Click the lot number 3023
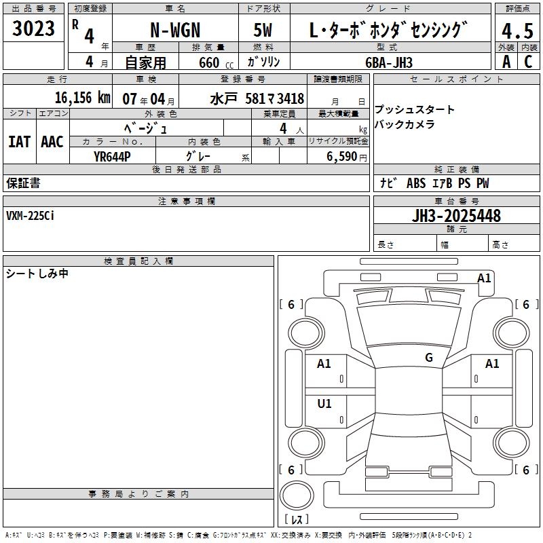[33, 29]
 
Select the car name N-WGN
[175, 30]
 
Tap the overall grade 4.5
[517, 31]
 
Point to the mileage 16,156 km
[82, 98]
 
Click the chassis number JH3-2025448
[456, 216]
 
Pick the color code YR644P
[112, 157]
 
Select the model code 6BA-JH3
[389, 62]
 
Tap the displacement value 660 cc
[216, 63]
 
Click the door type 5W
[263, 30]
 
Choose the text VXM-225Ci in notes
[30, 216]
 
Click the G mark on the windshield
[429, 358]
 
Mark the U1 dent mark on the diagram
[324, 403]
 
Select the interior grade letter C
[528, 62]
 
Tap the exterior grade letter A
[506, 62]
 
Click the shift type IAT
[20, 142]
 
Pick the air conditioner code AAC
[52, 142]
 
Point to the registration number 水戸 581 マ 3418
[257, 99]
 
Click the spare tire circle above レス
[297, 495]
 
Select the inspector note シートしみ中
[37, 274]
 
